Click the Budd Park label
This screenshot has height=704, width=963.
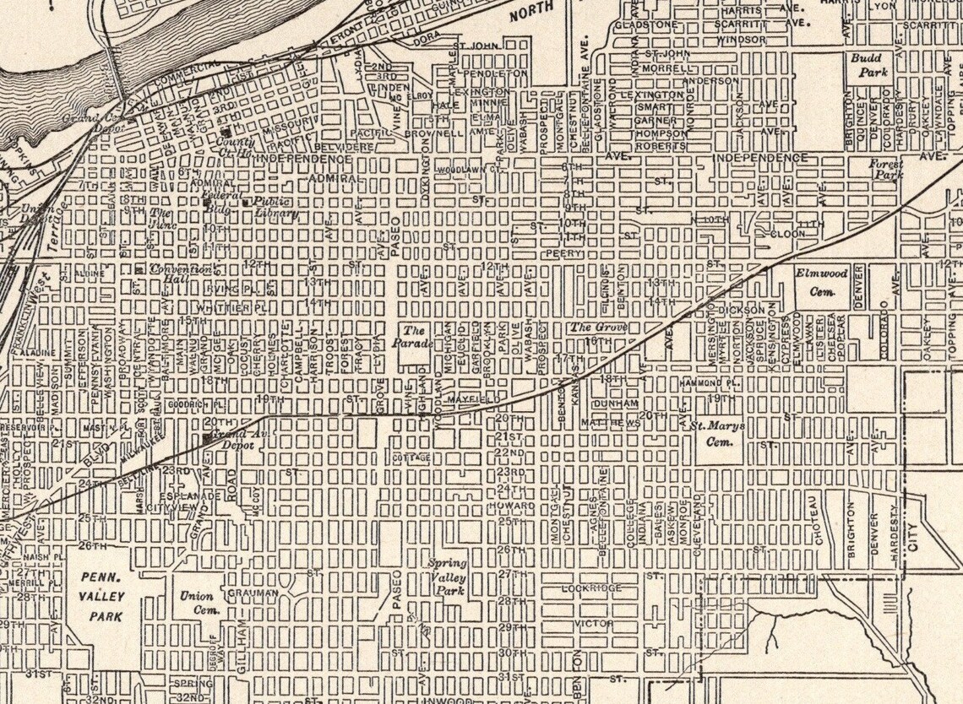[867, 65]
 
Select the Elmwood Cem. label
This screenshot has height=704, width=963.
[820, 282]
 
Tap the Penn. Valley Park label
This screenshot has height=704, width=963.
[103, 597]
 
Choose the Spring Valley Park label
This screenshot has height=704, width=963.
[446, 577]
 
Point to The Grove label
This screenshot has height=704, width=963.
[590, 327]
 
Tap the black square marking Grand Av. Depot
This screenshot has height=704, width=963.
[208, 437]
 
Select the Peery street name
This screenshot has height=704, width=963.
[564, 252]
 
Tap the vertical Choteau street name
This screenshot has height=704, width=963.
[819, 518]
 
